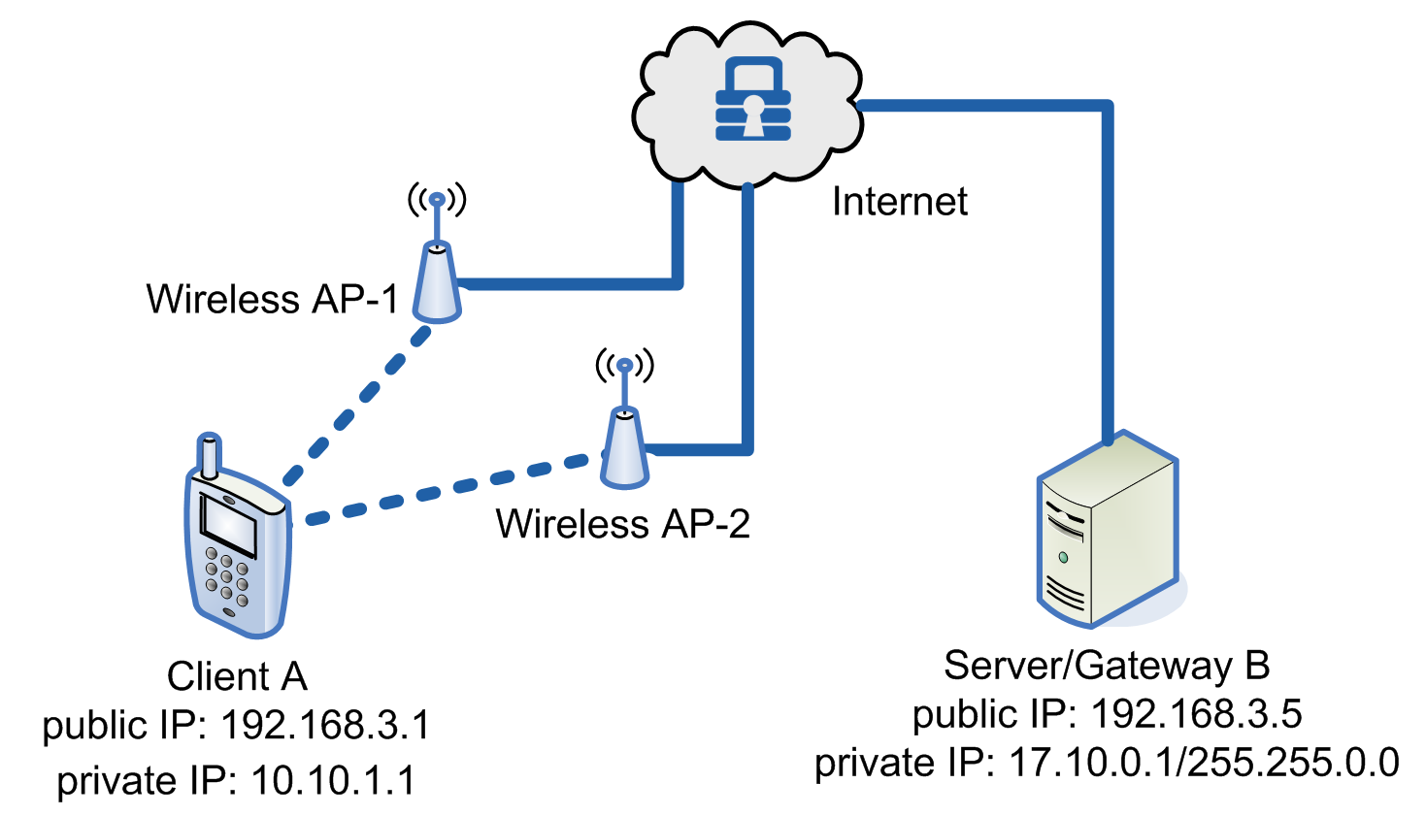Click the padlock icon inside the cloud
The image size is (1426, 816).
(752, 100)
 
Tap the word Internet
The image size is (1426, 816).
(900, 202)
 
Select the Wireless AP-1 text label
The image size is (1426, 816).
(273, 299)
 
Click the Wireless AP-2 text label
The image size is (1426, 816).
(622, 524)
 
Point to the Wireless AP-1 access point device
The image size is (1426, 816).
(437, 284)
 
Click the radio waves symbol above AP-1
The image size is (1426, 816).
(437, 200)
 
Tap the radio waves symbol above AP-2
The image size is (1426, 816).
(625, 365)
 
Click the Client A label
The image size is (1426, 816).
(237, 676)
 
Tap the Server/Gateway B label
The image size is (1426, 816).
(1107, 666)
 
